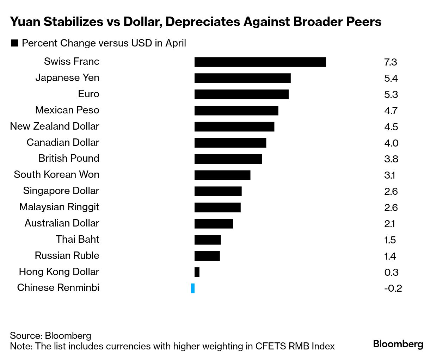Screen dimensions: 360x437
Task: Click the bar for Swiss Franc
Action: point(260,62)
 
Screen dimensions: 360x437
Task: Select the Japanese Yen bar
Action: point(242,78)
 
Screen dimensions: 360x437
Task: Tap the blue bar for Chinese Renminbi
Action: point(193,288)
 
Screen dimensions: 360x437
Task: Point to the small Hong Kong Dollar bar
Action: point(197,272)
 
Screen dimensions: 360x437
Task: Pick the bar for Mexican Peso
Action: point(236,111)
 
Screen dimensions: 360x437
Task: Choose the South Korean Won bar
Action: point(222,175)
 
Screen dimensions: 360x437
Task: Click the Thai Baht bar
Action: point(208,240)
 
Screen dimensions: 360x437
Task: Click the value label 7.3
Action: point(390,62)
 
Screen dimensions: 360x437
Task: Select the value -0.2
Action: point(393,288)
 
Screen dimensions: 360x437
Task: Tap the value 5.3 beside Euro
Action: point(391,95)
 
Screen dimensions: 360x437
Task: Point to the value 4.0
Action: point(391,143)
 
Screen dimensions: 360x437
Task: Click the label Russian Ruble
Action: point(67,255)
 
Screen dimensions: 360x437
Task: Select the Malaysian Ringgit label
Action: point(59,207)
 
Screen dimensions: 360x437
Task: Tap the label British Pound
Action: point(69,158)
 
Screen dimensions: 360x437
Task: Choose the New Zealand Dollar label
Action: point(55,126)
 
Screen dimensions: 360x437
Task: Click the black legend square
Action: point(15,43)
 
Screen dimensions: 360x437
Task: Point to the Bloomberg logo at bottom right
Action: point(398,344)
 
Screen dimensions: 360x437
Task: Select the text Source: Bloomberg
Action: point(50,335)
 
